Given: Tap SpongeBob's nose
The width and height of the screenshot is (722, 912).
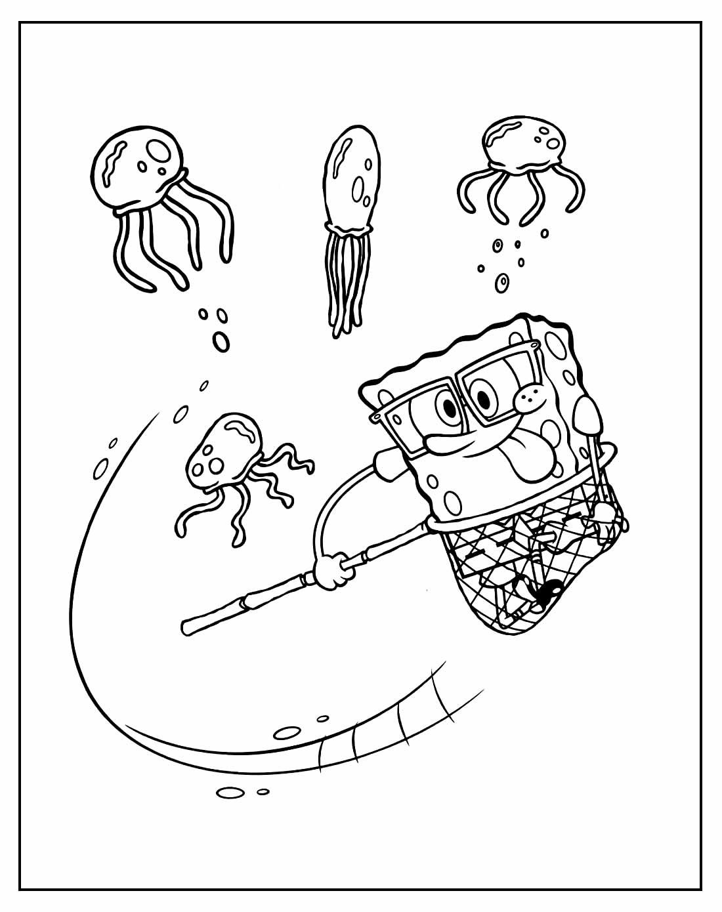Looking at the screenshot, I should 529,394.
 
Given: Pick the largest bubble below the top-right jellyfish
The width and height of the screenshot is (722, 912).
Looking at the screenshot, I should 502,283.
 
